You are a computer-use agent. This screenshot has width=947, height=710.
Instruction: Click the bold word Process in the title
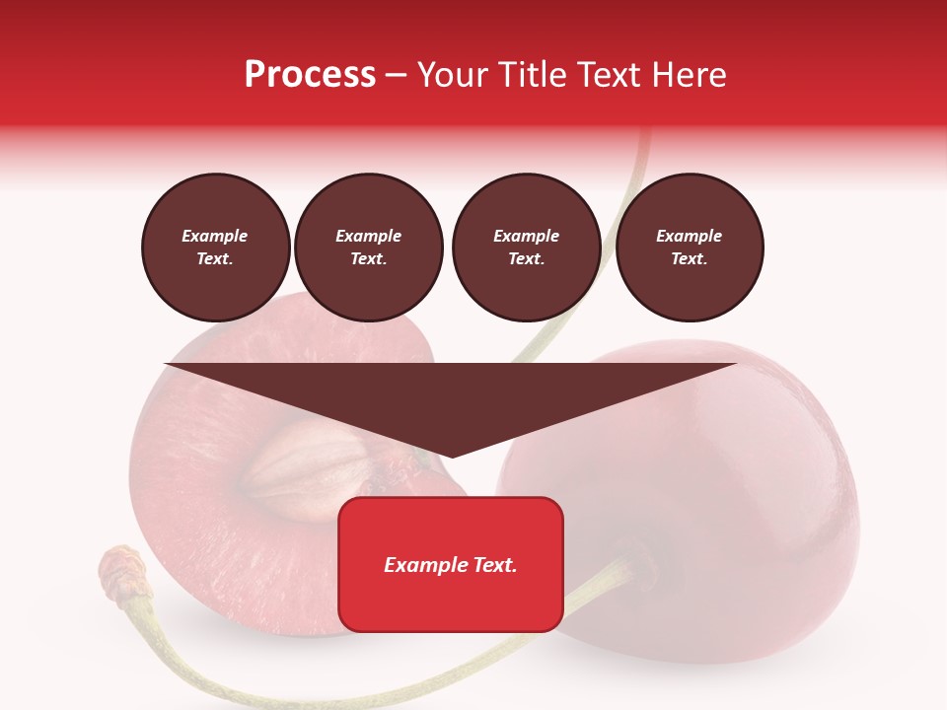click(310, 75)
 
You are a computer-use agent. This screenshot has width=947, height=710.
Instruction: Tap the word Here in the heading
click(690, 75)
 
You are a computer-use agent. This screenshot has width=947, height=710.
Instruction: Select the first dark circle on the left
click(216, 248)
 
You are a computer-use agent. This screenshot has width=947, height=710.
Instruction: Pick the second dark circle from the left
click(369, 248)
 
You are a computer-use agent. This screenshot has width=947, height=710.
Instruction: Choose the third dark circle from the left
click(527, 248)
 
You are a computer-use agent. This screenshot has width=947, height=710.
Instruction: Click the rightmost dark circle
click(690, 248)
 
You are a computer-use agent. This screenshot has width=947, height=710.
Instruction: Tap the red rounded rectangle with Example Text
click(451, 564)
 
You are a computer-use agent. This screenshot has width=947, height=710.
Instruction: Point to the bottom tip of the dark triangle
click(451, 456)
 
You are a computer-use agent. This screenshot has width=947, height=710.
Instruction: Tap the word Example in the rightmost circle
click(690, 237)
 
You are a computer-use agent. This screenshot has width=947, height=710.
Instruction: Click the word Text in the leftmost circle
click(214, 259)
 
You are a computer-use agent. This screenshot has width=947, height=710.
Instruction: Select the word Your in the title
click(453, 75)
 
